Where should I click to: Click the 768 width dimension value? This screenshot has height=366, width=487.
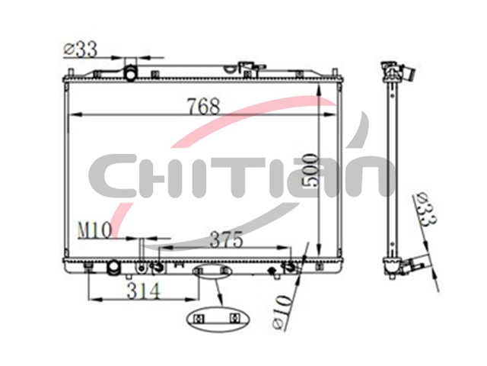(x=204, y=106)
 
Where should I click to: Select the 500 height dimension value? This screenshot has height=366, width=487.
(x=310, y=170)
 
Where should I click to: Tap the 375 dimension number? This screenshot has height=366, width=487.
(x=227, y=239)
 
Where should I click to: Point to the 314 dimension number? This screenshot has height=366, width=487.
(x=144, y=290)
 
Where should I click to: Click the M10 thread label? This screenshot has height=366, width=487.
(x=94, y=231)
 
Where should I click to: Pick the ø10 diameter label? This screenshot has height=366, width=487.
(x=282, y=312)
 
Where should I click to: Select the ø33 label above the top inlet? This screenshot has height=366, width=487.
(x=81, y=50)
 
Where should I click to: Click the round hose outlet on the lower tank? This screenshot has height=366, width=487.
(x=113, y=268)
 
